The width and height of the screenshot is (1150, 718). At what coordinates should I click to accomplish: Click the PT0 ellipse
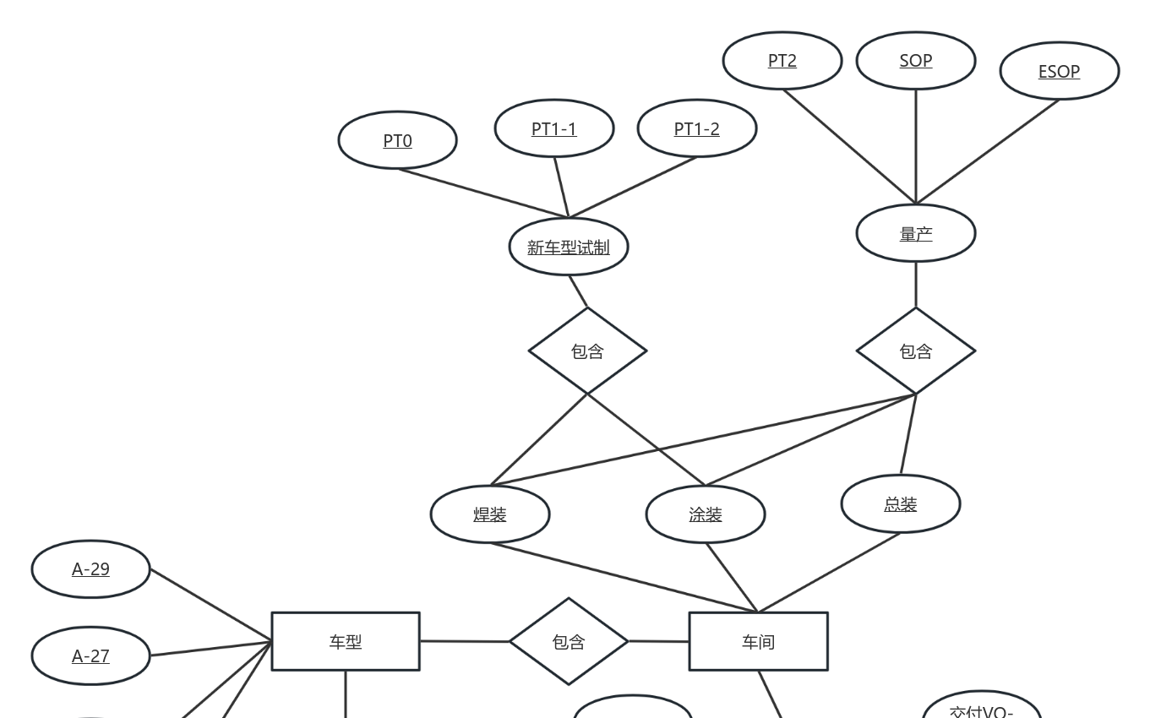pos(397,140)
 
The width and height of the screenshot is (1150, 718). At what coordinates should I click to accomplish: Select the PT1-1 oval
pos(553,128)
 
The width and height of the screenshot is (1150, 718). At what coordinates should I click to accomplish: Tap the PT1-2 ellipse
pos(696,128)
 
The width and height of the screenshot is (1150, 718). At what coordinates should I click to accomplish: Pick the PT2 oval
pos(782,61)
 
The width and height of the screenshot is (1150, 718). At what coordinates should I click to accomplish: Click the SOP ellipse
pos(915,61)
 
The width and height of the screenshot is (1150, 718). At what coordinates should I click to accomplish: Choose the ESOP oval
pos(1059,72)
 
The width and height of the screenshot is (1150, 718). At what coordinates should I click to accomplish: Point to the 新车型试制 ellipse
pos(568,247)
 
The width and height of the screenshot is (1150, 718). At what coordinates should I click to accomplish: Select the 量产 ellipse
pos(915,234)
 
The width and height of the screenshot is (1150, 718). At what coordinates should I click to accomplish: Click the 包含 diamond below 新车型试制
pos(587,351)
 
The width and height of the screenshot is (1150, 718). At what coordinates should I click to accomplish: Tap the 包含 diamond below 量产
pos(915,351)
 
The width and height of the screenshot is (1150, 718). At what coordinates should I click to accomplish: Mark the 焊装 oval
pos(489,514)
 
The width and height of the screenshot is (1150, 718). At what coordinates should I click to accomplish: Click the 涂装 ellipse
pos(705,514)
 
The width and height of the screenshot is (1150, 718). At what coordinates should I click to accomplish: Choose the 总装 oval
pos(900,504)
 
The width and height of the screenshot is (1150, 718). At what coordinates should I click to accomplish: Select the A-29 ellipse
pos(90,569)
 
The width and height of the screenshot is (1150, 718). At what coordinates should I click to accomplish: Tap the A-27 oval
pos(90,656)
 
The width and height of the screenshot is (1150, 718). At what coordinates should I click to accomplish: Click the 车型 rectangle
pos(345,641)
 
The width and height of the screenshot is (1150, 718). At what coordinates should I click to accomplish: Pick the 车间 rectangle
pos(758,641)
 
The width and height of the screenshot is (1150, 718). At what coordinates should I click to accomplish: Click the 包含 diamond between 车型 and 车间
pos(568,641)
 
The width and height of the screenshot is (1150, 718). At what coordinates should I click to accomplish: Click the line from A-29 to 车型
pos(210,606)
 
